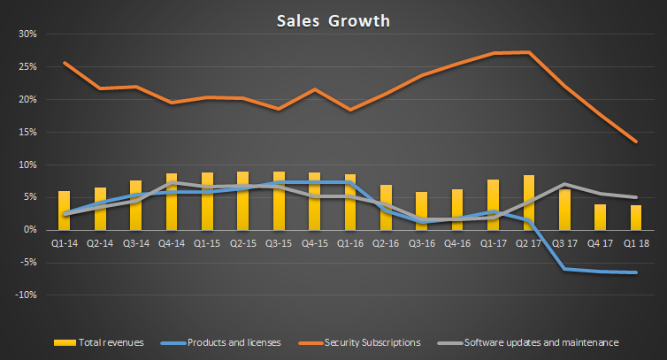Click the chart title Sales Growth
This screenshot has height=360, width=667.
click(333, 20)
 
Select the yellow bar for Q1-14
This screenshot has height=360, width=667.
click(64, 211)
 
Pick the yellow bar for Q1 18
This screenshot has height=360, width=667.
click(636, 218)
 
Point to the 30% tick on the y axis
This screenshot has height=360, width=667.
click(25, 34)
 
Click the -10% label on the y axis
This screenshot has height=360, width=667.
click(24, 295)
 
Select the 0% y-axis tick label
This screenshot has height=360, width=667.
click(27, 230)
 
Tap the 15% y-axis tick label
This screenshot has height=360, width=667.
click(25, 133)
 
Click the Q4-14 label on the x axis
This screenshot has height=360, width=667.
click(171, 242)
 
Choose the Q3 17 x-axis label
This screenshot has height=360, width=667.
click(564, 242)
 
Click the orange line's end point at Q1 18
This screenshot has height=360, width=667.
click(636, 142)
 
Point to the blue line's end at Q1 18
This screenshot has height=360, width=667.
click(636, 272)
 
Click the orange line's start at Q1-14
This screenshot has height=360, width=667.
click(64, 63)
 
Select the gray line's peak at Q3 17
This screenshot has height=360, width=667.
click(564, 184)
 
